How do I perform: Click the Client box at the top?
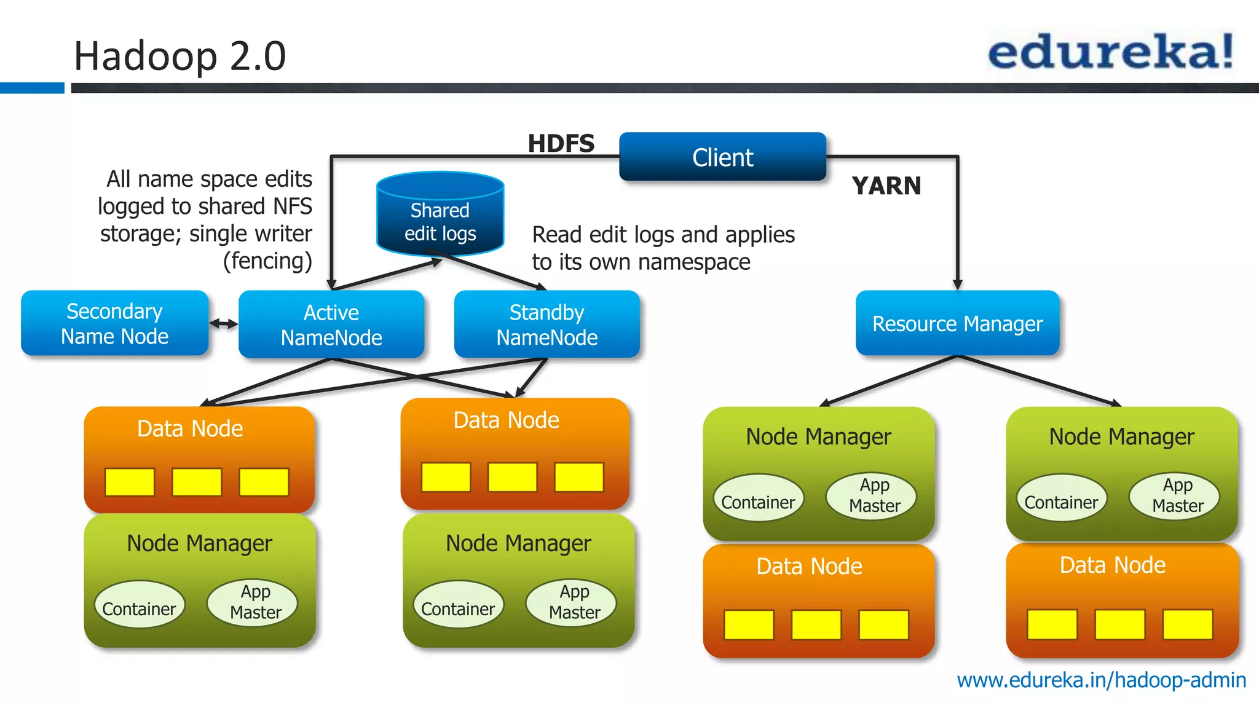[722, 157]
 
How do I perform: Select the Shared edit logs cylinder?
[440, 215]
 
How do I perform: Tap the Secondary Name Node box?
[115, 323]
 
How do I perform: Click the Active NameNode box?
[331, 324]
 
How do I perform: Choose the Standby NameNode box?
[547, 324]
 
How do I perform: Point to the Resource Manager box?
[957, 323]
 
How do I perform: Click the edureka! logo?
[1110, 52]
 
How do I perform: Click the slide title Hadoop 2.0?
[180, 56]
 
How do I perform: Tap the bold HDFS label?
[561, 144]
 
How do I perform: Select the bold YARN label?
[886, 186]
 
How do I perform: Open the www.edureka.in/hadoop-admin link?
[1101, 680]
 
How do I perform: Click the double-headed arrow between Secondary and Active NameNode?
[224, 323]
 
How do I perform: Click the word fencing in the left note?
[267, 261]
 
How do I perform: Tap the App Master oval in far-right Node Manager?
[1177, 495]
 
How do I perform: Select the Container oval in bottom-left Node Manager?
[139, 608]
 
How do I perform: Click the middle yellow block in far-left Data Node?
[197, 482]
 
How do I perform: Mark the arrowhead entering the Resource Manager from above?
[957, 285]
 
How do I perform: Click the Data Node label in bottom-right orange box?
[1112, 565]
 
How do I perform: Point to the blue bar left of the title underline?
[32, 88]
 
